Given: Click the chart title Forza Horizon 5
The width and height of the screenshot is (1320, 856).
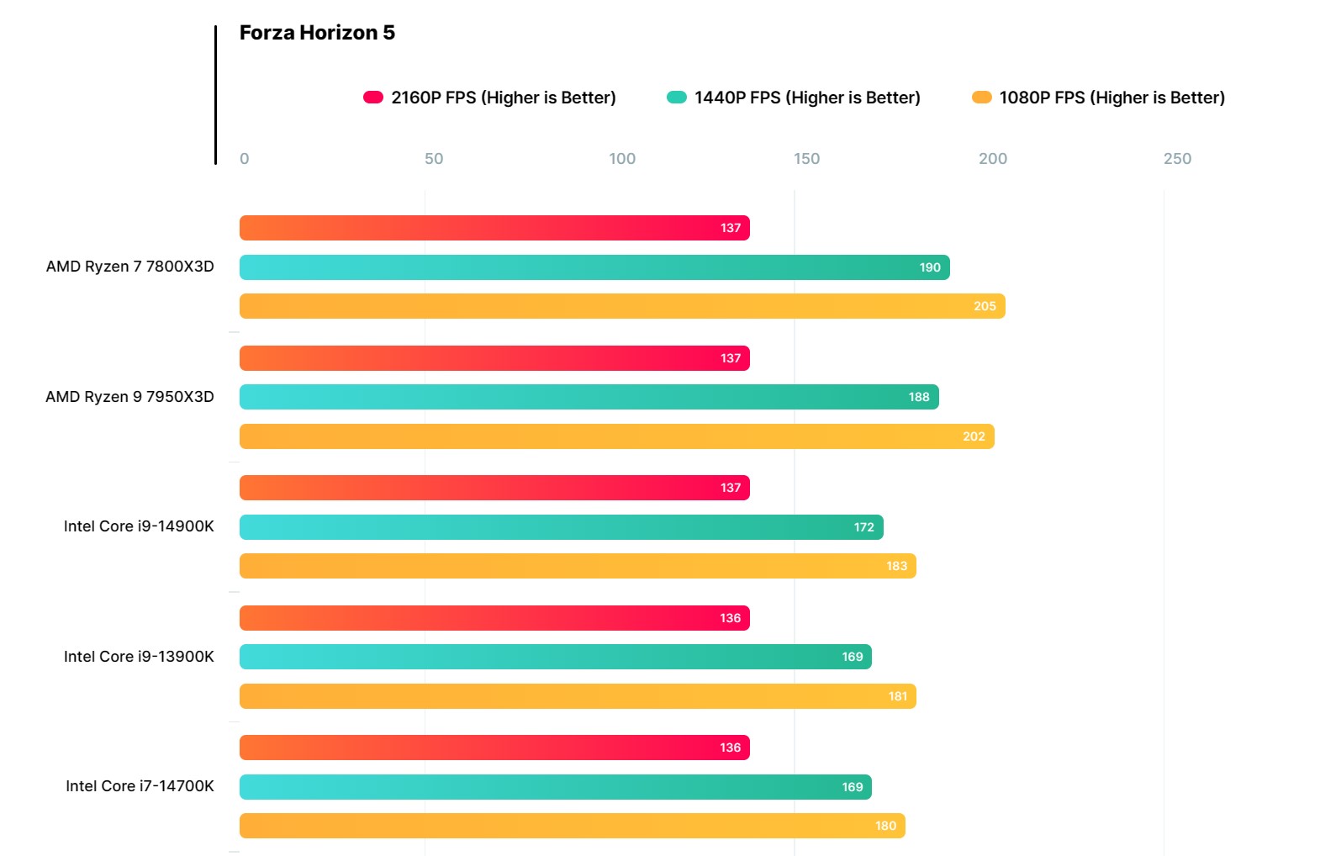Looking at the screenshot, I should click(317, 33).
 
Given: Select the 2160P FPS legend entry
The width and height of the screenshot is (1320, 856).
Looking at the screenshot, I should click(489, 98).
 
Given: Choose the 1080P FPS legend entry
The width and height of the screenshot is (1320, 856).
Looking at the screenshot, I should click(1098, 98).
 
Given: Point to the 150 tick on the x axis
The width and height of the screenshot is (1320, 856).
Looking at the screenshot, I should click(806, 159).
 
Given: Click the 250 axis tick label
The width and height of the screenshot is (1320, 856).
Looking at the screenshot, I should click(1177, 159).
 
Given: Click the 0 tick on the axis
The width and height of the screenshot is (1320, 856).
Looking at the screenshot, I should click(244, 159).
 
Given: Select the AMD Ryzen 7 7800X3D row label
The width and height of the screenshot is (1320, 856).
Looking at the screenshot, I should click(129, 267).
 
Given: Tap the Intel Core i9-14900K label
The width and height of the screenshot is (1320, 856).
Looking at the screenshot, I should click(139, 526).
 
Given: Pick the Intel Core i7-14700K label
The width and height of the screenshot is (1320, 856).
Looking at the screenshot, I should click(140, 786).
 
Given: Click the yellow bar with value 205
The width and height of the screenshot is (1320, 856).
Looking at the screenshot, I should click(622, 306).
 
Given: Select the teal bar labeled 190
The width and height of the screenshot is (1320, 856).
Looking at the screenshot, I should click(594, 267).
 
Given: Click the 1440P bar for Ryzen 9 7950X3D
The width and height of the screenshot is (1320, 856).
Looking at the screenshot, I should click(589, 397).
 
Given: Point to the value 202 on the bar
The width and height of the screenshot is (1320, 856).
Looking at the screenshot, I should click(974, 436).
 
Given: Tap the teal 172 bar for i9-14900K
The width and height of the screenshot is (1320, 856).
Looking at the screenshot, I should click(561, 527).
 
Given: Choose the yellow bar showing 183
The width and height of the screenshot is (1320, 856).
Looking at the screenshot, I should click(578, 566).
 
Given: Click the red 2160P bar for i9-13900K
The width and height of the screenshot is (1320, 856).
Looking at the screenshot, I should click(494, 618).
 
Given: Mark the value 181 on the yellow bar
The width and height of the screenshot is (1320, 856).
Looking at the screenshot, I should click(898, 696).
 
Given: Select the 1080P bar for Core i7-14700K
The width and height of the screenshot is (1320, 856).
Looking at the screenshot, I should click(572, 826).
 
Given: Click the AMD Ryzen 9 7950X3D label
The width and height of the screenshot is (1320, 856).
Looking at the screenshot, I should click(129, 397).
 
